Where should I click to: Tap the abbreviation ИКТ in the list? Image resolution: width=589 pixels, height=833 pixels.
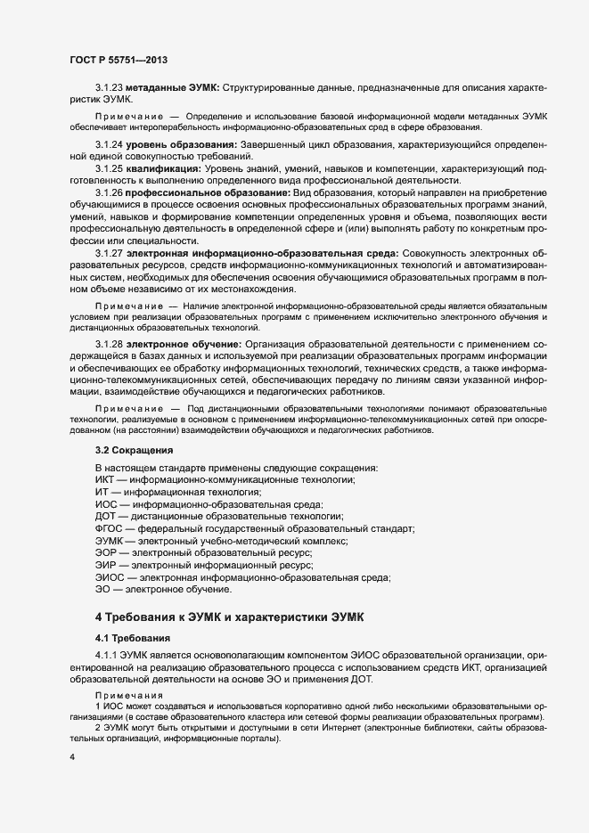pos(104,480)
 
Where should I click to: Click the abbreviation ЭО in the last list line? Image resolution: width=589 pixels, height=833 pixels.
pos(102,589)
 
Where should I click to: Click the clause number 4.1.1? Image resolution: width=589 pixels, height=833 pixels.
pos(107,656)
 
